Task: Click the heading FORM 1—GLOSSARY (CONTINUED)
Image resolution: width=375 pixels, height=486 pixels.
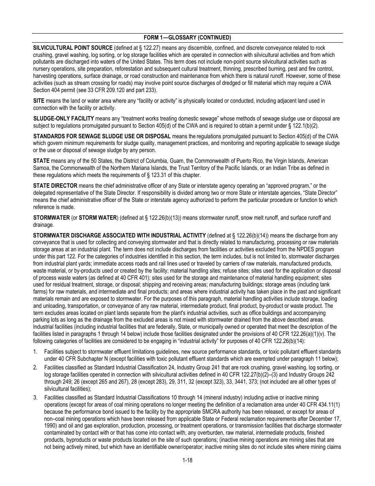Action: [187, 38]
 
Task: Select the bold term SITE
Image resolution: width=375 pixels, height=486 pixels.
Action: [39, 101]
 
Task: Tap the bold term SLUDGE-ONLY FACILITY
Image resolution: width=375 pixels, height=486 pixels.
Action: [64, 119]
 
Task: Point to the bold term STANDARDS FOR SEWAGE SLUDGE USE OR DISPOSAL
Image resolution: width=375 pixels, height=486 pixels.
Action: [102, 136]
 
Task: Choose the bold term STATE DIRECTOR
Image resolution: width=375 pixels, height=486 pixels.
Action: [55, 186]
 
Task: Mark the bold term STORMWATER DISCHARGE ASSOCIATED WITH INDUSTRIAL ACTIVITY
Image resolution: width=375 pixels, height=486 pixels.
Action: [119, 235]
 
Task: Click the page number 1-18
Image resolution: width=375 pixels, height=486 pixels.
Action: [187, 460]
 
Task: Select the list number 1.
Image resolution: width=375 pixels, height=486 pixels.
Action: [35, 352]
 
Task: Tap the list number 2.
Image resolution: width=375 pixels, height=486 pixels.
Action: [35, 367]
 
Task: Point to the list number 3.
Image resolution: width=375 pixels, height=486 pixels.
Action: [35, 397]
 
